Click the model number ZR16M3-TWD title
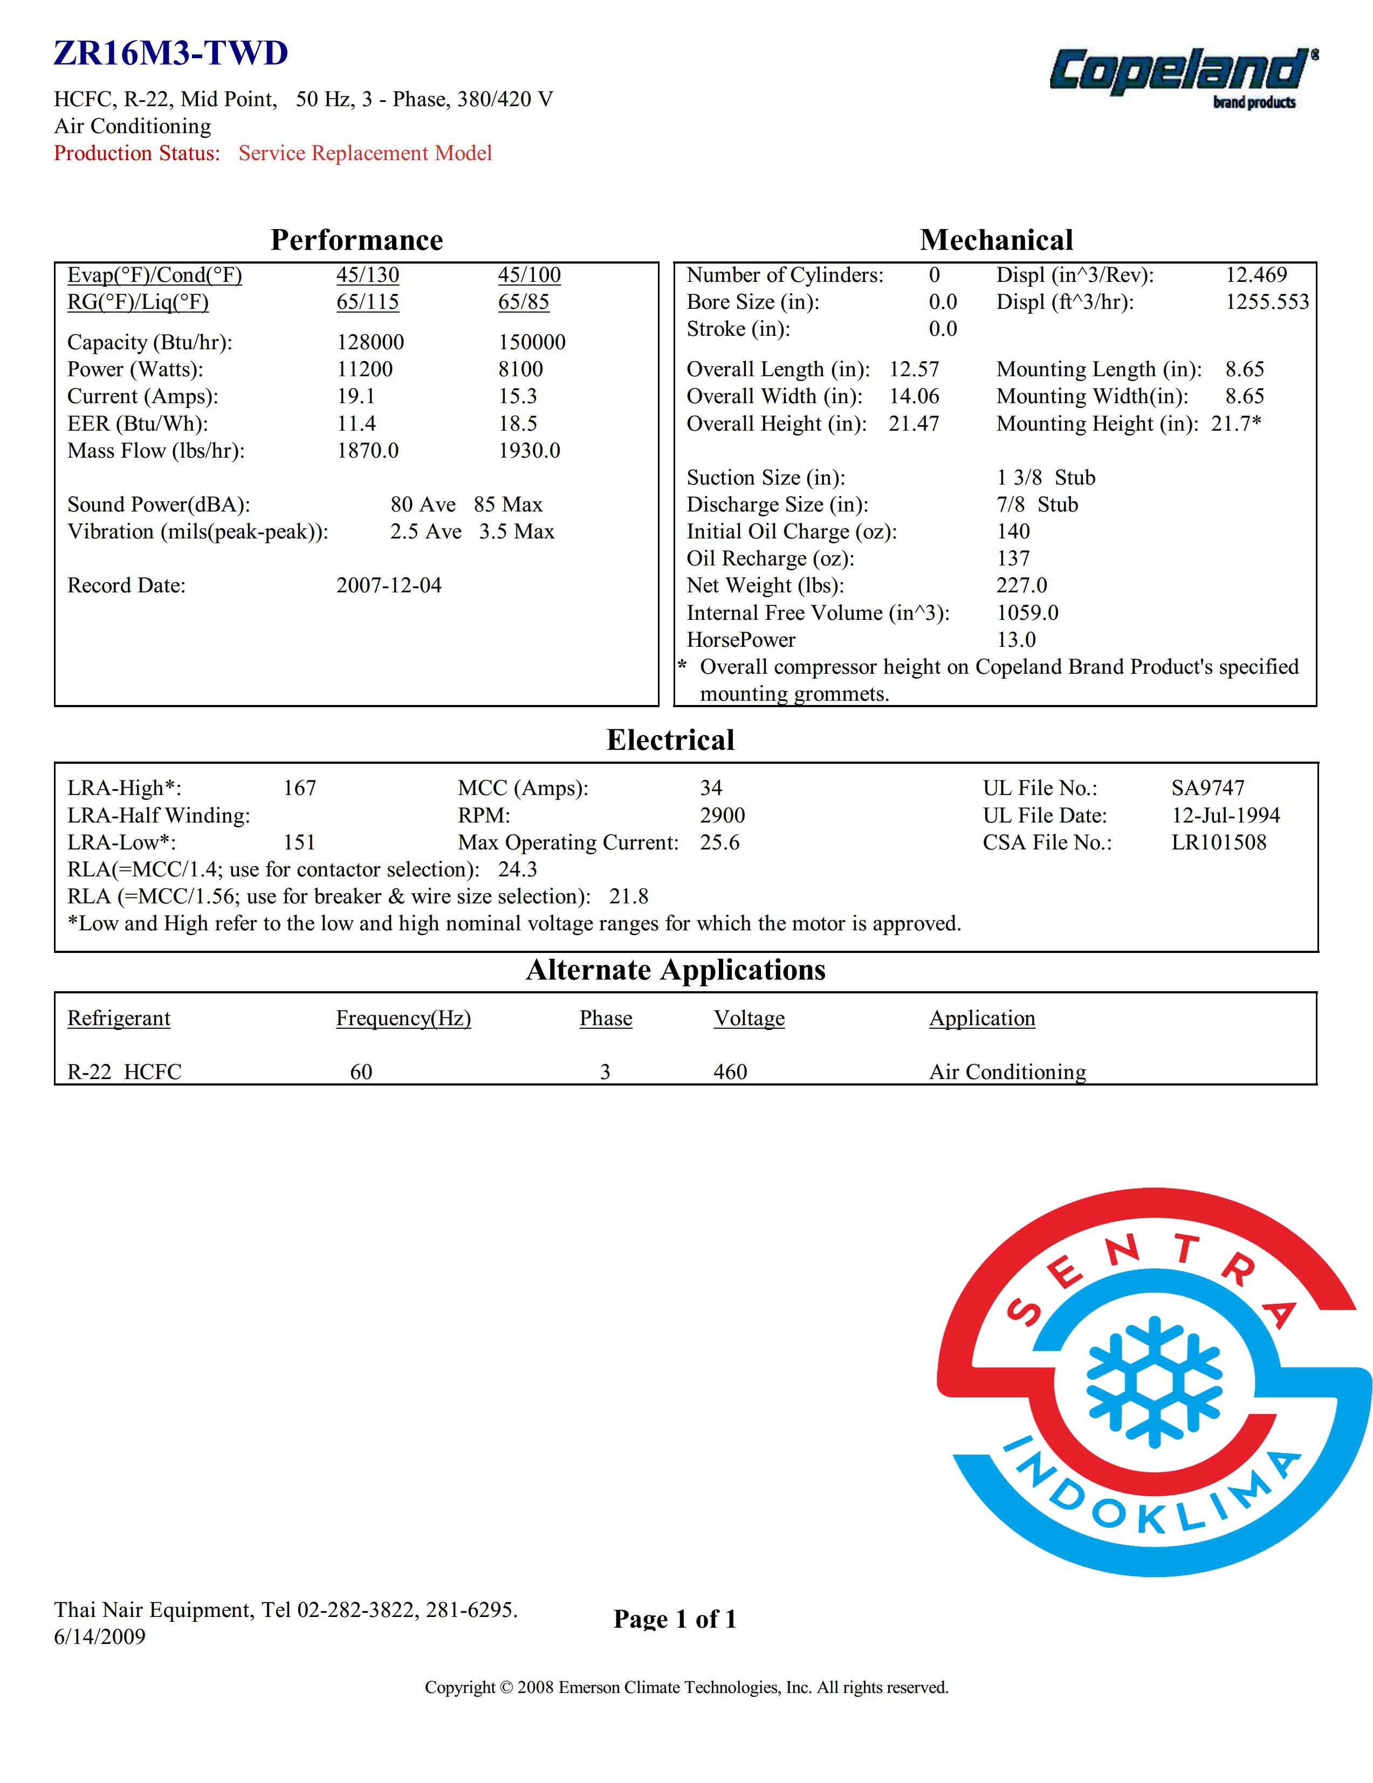click(171, 54)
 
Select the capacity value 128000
click(370, 342)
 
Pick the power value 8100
click(520, 369)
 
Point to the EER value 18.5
click(518, 423)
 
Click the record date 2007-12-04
click(389, 585)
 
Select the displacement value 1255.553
click(1267, 302)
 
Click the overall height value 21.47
click(914, 423)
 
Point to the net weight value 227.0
click(1021, 585)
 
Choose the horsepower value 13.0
click(1016, 639)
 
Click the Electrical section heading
click(670, 740)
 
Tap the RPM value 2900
click(722, 815)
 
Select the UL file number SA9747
click(1207, 788)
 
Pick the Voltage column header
click(749, 1018)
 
